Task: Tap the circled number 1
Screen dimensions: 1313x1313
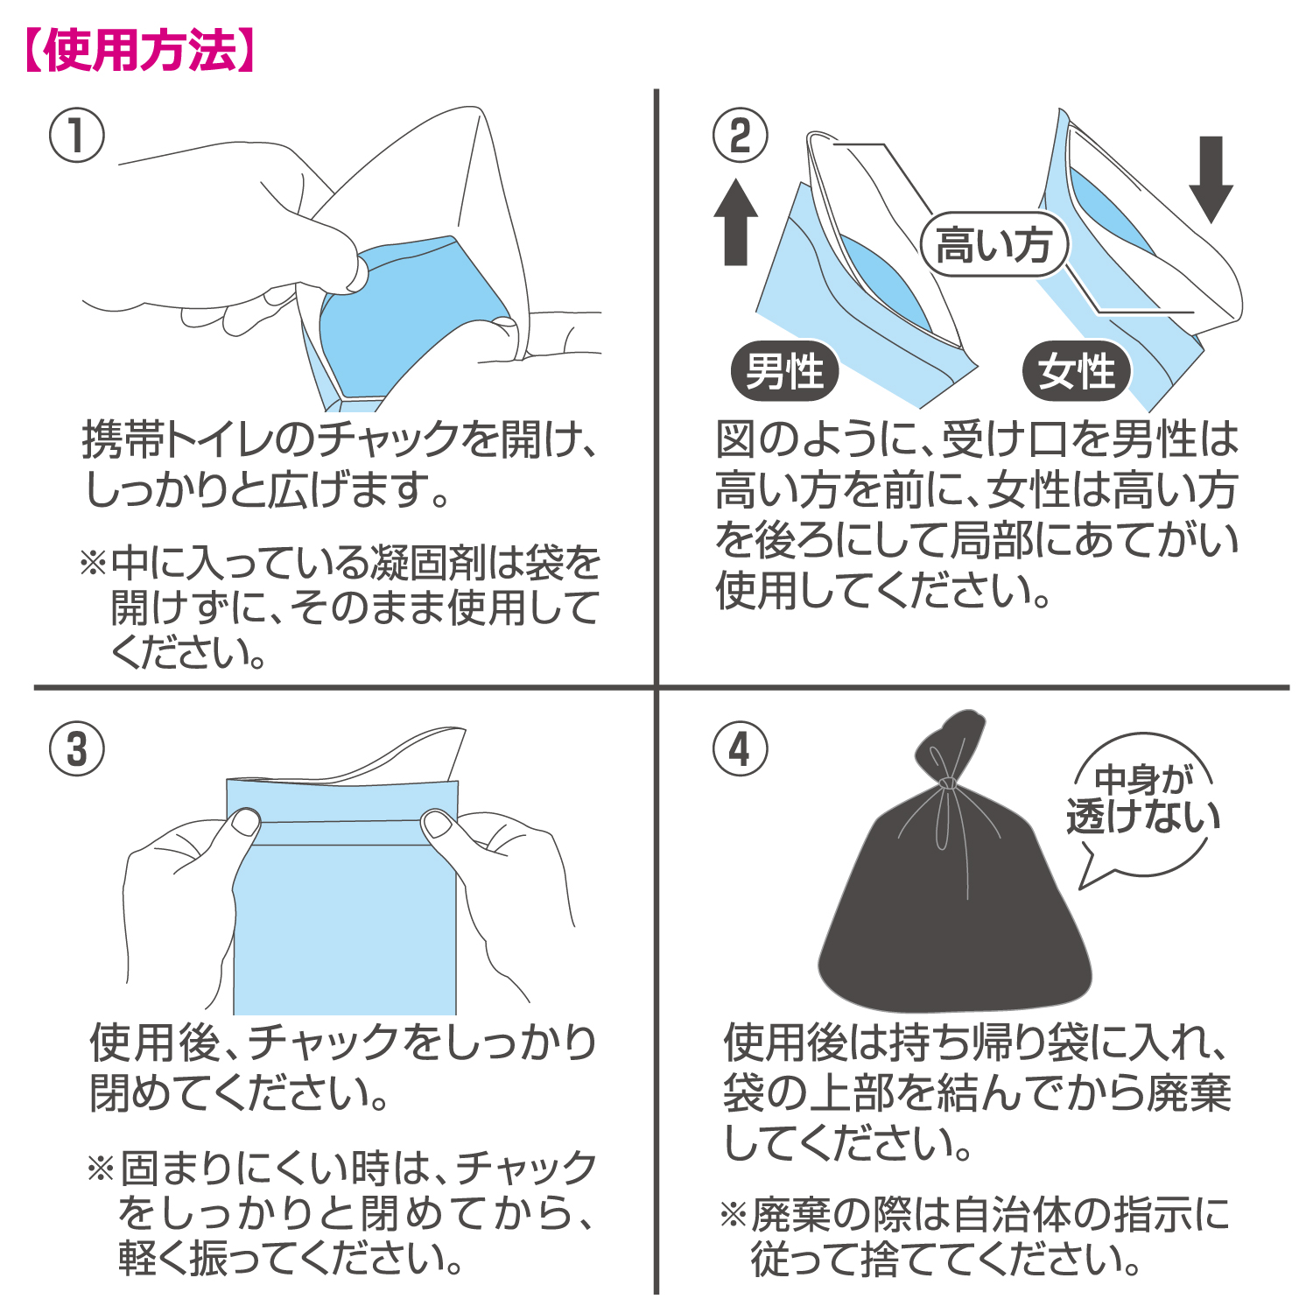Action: click(77, 136)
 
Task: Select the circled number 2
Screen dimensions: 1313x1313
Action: click(741, 136)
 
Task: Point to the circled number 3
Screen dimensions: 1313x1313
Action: click(77, 749)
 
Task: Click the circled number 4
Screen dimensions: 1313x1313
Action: click(741, 749)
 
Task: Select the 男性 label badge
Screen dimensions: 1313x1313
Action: click(785, 371)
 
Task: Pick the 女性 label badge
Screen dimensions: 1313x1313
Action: click(1077, 371)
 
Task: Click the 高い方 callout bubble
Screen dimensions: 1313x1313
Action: click(994, 245)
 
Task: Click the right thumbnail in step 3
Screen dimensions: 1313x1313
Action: click(437, 823)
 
